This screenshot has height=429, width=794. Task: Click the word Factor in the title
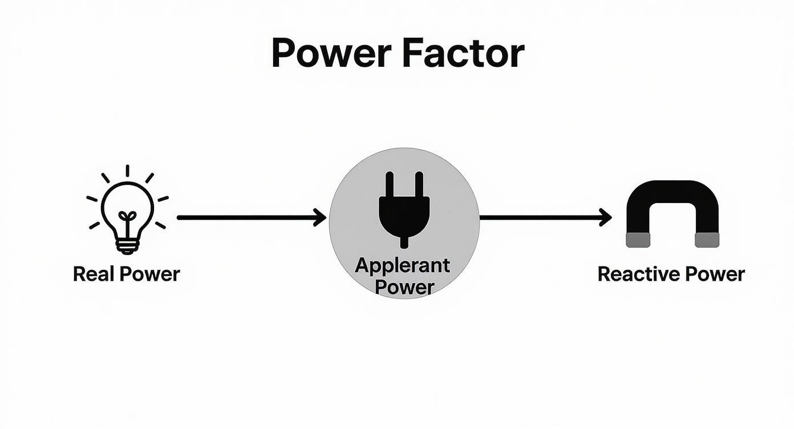click(463, 54)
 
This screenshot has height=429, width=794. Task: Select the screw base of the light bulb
click(127, 246)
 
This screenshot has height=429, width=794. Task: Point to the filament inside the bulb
click(127, 219)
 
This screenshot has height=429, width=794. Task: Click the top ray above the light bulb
click(127, 171)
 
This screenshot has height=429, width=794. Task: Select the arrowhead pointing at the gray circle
click(321, 217)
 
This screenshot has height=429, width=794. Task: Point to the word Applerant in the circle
click(402, 265)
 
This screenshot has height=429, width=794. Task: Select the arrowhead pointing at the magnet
click(606, 217)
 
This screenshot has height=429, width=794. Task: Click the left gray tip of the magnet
click(638, 240)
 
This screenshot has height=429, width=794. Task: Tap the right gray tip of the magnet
click(707, 240)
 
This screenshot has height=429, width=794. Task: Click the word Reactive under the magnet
click(638, 274)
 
